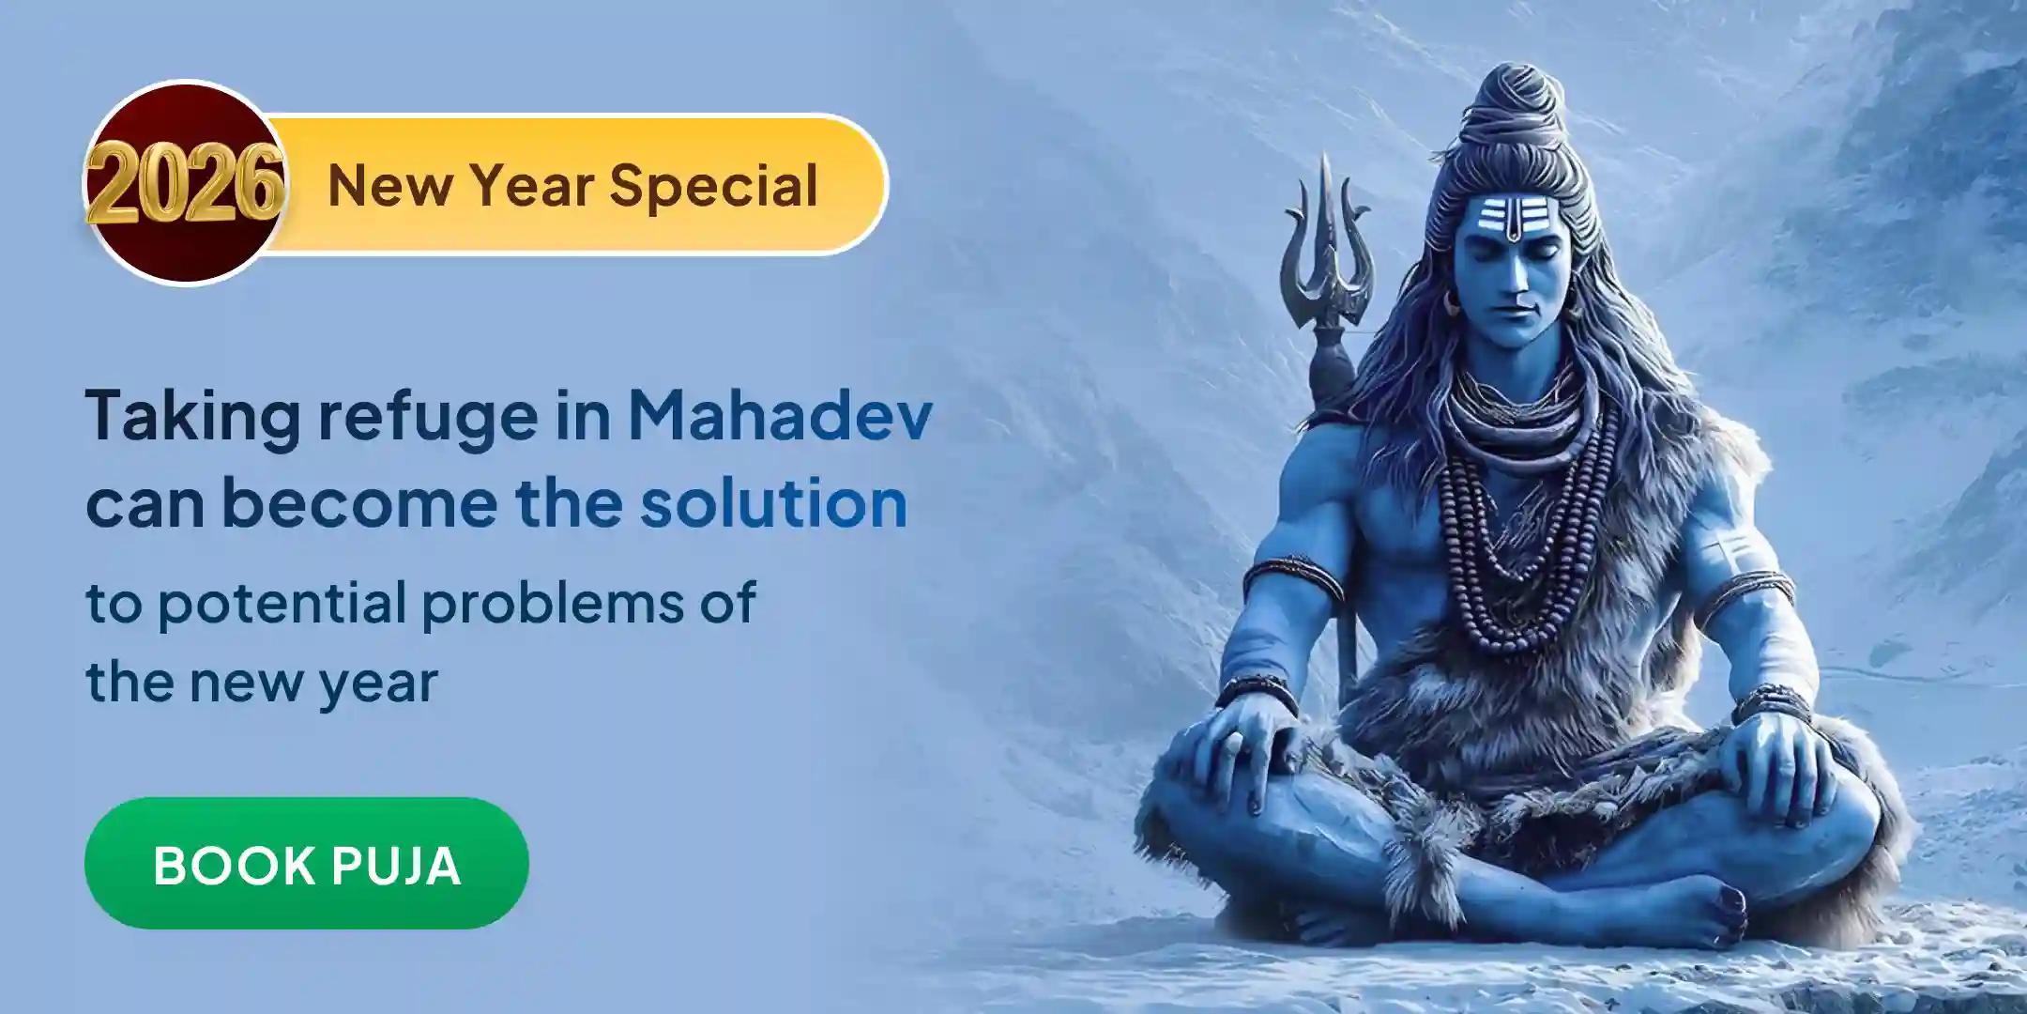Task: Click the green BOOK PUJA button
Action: click(306, 864)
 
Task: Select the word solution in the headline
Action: click(773, 503)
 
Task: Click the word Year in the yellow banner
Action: click(529, 186)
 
